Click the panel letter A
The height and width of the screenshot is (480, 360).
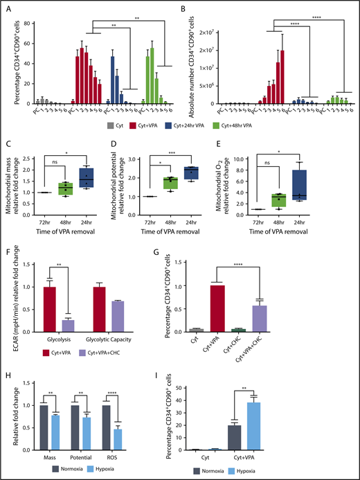coord(8,8)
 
